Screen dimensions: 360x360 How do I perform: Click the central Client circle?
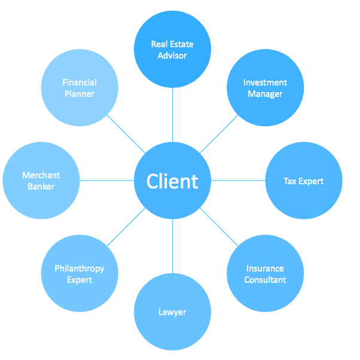pyautogui.click(x=172, y=181)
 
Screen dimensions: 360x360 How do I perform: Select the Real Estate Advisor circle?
pyautogui.click(x=172, y=50)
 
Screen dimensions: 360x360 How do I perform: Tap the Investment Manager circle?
pyautogui.click(x=265, y=88)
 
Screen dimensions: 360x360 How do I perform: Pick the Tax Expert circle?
pyautogui.click(x=303, y=181)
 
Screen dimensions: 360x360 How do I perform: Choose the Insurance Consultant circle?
pyautogui.click(x=265, y=274)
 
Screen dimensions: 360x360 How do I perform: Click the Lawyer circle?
pyautogui.click(x=172, y=312)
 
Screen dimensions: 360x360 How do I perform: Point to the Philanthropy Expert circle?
pyautogui.click(x=80, y=274)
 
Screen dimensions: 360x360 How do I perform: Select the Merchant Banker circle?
pyautogui.click(x=41, y=181)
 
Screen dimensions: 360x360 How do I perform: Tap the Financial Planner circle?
pyautogui.click(x=80, y=88)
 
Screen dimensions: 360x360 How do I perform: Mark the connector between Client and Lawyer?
pyautogui.click(x=172, y=246)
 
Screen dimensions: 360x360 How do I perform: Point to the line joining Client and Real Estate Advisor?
pyautogui.click(x=172, y=115)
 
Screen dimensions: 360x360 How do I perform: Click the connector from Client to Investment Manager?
pyautogui.click(x=219, y=134)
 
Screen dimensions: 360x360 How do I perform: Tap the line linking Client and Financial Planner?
pyautogui.click(x=126, y=134)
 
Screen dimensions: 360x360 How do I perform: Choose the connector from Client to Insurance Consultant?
pyautogui.click(x=219, y=227)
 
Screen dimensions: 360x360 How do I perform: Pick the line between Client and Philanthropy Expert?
pyautogui.click(x=126, y=227)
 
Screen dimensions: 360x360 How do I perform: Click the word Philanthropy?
pyautogui.click(x=80, y=269)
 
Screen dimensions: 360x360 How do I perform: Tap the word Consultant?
pyautogui.click(x=265, y=280)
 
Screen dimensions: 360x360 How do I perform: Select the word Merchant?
pyautogui.click(x=41, y=175)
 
